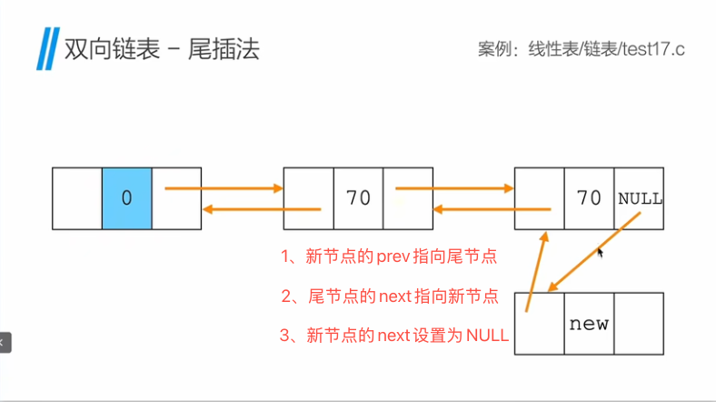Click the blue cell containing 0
click(x=126, y=197)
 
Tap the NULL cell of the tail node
click(x=640, y=197)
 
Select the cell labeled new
click(x=589, y=323)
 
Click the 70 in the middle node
click(x=358, y=197)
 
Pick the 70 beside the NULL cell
click(x=589, y=197)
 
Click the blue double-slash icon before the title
click(x=45, y=48)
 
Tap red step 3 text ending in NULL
click(x=394, y=336)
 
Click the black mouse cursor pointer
click(x=601, y=253)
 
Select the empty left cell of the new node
click(x=540, y=324)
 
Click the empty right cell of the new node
click(x=639, y=324)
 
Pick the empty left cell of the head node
click(x=76, y=197)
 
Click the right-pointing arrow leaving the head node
click(x=224, y=189)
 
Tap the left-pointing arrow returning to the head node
click(x=262, y=209)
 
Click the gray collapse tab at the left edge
click(x=5, y=342)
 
